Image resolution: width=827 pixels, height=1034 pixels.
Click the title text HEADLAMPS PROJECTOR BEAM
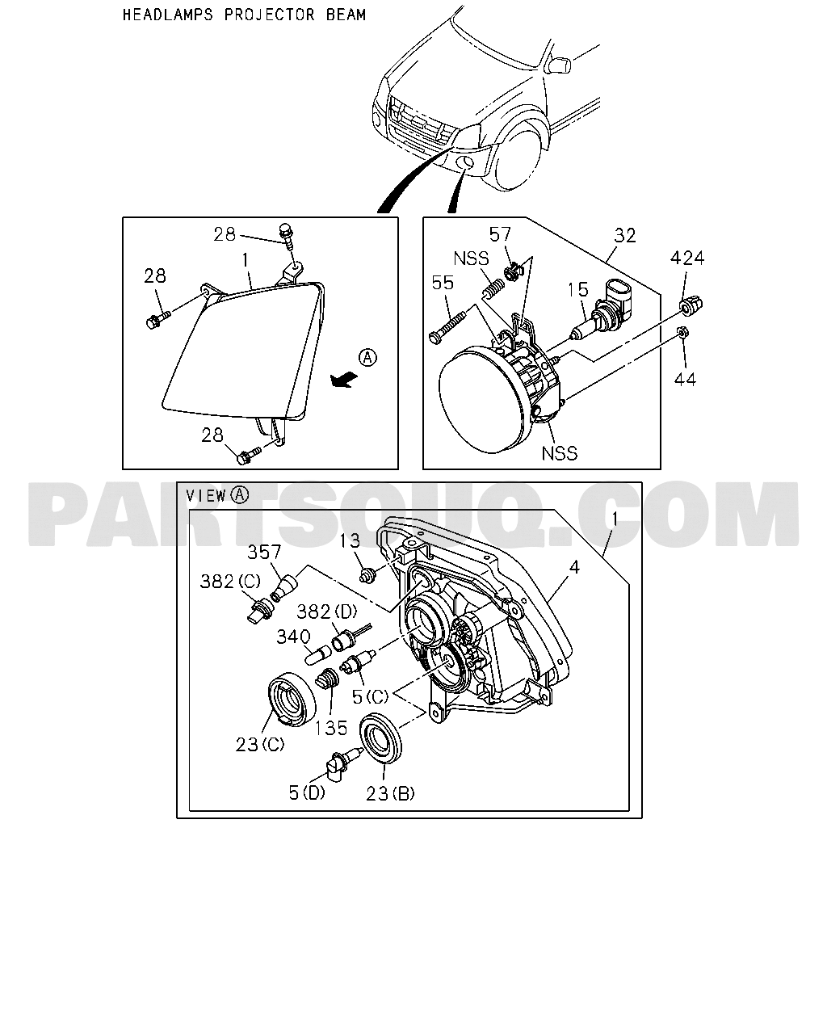[244, 15]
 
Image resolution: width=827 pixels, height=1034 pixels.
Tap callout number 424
[687, 258]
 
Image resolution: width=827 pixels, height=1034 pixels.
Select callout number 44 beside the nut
[685, 379]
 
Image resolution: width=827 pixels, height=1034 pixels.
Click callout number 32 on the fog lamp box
[625, 235]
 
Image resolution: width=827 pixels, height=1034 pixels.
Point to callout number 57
[501, 235]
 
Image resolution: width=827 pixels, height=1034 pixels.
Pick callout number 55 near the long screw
[443, 284]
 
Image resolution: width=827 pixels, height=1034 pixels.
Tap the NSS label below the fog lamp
[560, 452]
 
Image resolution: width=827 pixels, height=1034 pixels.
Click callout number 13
[349, 542]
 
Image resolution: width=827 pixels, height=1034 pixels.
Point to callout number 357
[264, 552]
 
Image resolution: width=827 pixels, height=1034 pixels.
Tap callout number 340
[292, 637]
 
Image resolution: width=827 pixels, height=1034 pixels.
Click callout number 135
[331, 727]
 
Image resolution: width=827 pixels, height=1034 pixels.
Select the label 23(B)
[390, 793]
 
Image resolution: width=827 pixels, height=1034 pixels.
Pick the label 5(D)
[307, 792]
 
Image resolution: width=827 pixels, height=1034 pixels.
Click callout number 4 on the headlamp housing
[573, 568]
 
